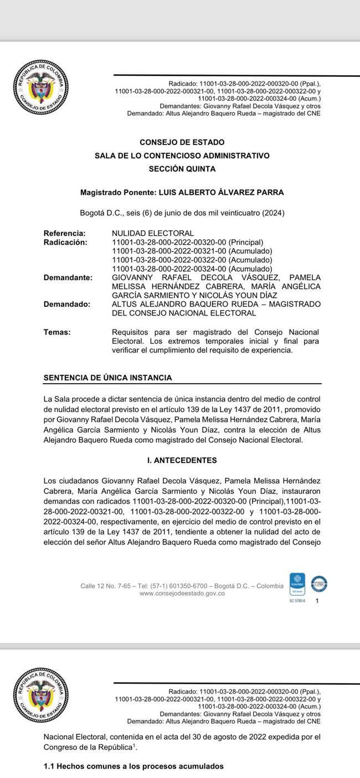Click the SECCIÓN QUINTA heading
click(x=182, y=169)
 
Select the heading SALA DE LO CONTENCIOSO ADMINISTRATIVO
click(x=182, y=156)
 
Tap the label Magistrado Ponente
click(x=118, y=193)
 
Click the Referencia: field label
click(x=64, y=233)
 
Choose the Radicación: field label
click(x=65, y=242)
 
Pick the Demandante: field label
click(x=68, y=277)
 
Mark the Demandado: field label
click(x=66, y=304)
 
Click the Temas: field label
click(x=57, y=332)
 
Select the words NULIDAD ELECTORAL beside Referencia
click(x=153, y=233)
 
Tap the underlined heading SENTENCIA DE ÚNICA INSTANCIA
click(x=107, y=378)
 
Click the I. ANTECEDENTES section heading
click(x=182, y=460)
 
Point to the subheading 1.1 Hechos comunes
click(x=133, y=766)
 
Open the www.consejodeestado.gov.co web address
click(x=182, y=593)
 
